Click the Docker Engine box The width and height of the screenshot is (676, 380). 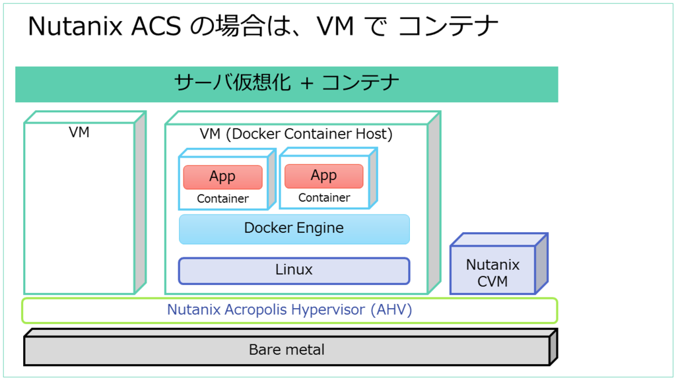294,229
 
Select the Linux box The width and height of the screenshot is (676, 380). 294,270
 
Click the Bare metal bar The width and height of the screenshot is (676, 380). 287,350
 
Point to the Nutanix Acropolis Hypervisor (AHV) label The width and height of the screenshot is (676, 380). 289,310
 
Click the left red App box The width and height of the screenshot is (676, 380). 222,177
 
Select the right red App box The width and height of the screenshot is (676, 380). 323,175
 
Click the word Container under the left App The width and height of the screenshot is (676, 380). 222,199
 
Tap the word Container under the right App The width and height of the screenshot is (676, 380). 323,197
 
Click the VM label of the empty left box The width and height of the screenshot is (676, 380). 79,133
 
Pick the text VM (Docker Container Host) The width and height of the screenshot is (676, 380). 296,135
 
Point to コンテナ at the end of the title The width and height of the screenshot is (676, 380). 449,26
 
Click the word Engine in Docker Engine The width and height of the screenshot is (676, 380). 320,229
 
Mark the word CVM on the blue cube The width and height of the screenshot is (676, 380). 493,282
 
